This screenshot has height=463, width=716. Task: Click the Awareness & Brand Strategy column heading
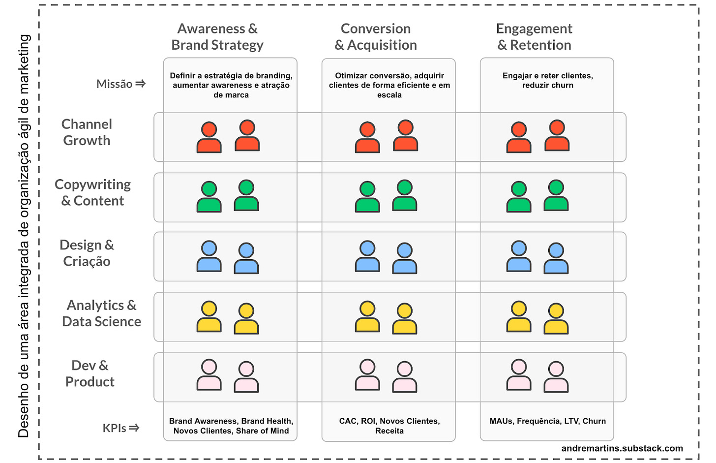click(x=217, y=37)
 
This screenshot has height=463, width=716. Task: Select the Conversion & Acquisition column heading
click(x=376, y=37)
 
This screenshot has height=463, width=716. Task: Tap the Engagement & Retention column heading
click(x=534, y=37)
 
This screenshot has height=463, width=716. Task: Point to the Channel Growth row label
click(x=87, y=132)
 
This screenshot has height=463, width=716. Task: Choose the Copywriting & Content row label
click(x=92, y=192)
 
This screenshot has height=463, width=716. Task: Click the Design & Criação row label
click(x=87, y=253)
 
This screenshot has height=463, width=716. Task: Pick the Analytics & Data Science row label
click(x=101, y=313)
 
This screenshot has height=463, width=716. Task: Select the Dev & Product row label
click(x=89, y=373)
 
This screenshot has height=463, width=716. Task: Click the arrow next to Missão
click(x=140, y=84)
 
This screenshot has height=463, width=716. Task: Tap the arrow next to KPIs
click(x=134, y=428)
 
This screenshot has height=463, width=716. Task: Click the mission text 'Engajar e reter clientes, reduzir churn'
click(x=548, y=80)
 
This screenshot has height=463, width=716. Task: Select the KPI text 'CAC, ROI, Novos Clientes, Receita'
click(x=389, y=426)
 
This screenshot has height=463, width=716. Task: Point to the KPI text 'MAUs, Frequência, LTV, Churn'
click(x=548, y=421)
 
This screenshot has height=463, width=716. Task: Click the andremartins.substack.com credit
click(x=622, y=448)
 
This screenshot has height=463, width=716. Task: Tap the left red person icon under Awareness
click(x=209, y=138)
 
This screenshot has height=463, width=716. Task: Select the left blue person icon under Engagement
click(x=519, y=256)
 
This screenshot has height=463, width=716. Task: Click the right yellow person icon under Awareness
click(x=246, y=319)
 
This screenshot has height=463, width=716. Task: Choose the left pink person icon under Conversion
click(x=367, y=375)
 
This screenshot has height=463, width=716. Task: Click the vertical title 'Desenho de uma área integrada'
click(x=24, y=236)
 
